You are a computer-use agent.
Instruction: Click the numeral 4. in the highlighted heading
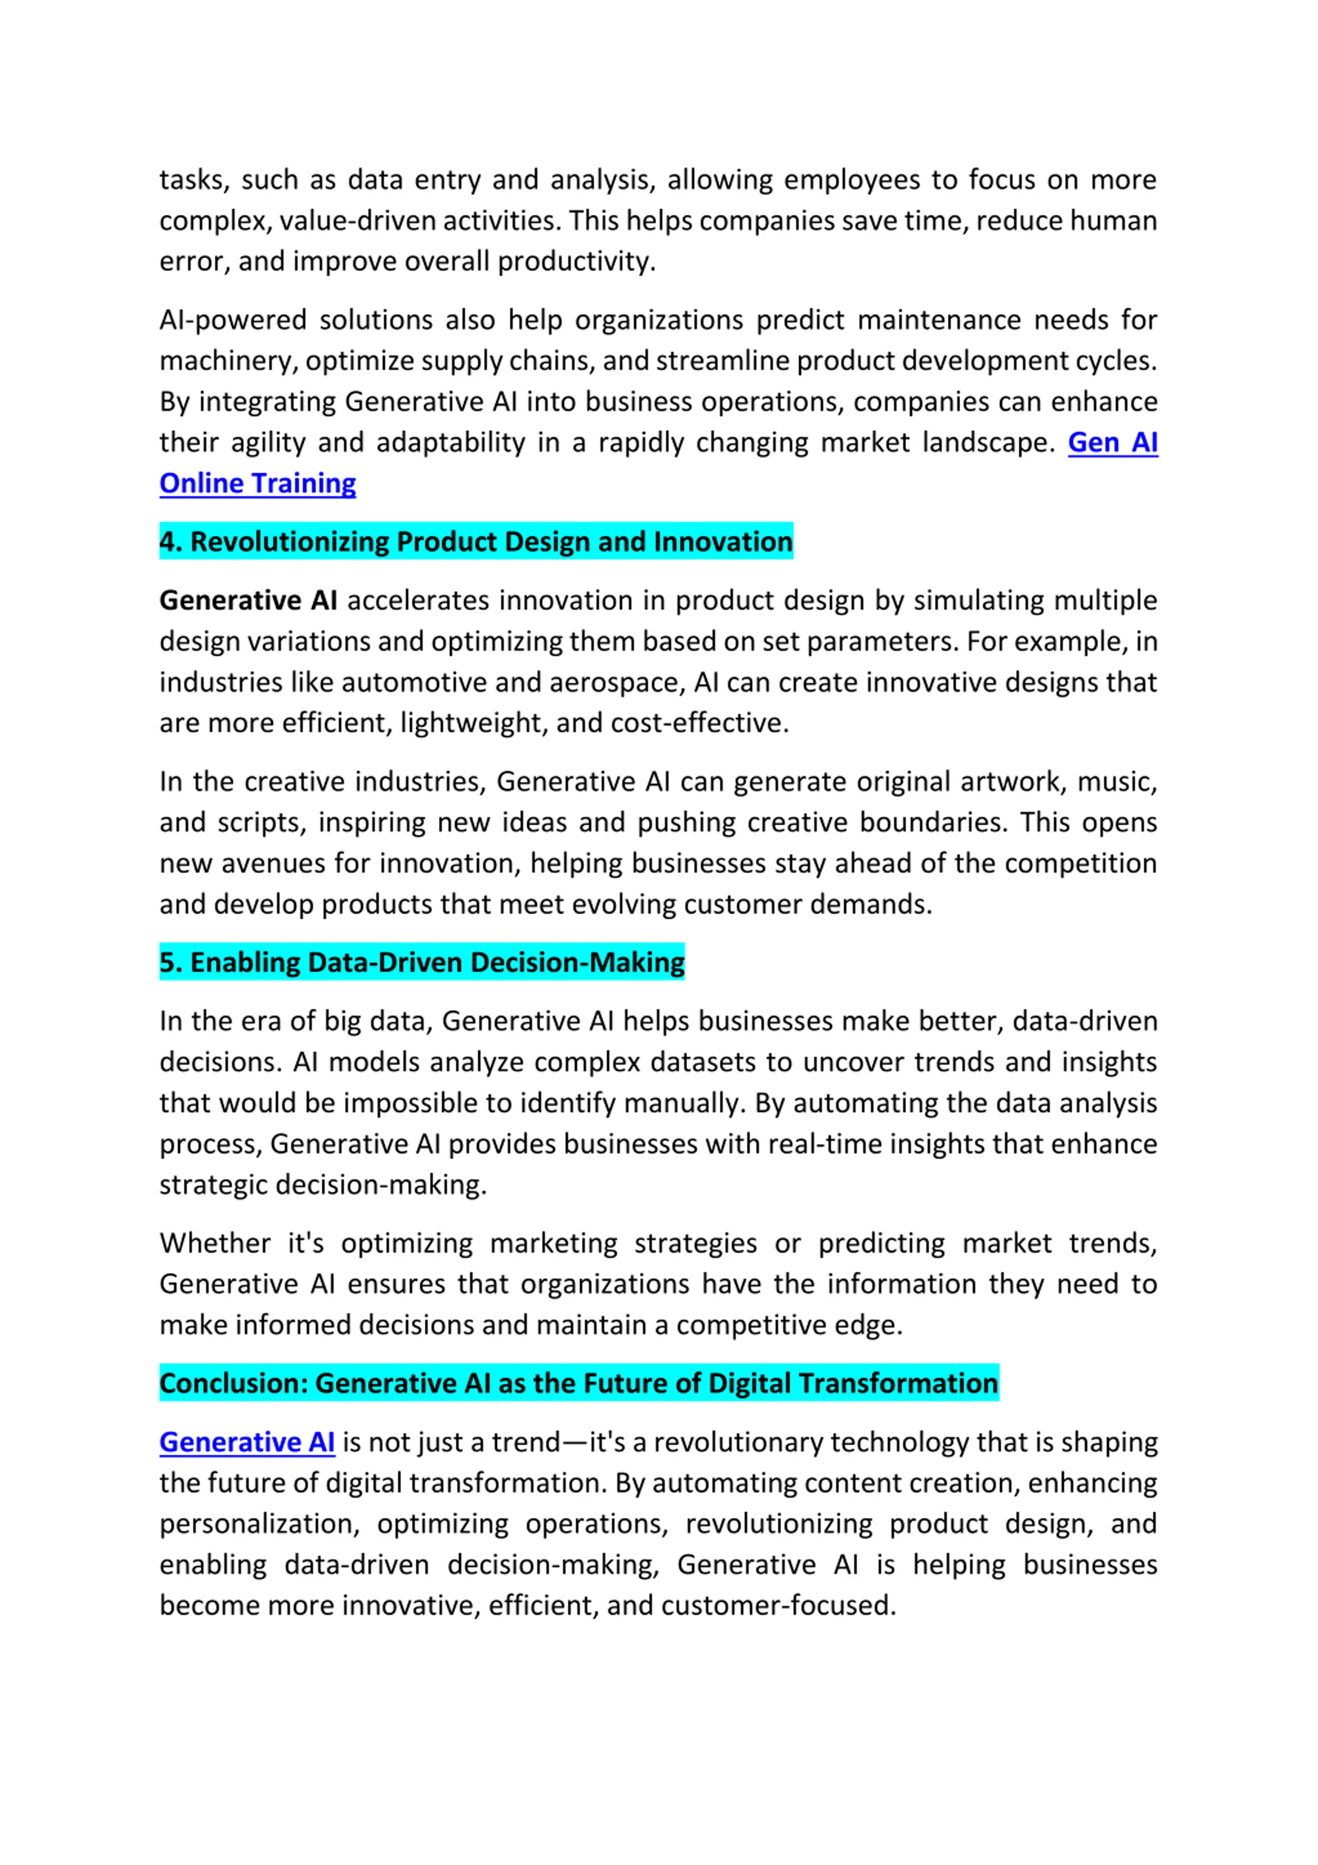point(170,542)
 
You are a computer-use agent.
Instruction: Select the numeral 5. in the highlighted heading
point(170,963)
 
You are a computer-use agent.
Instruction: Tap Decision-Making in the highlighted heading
point(577,963)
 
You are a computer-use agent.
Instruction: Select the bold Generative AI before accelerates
point(248,600)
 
